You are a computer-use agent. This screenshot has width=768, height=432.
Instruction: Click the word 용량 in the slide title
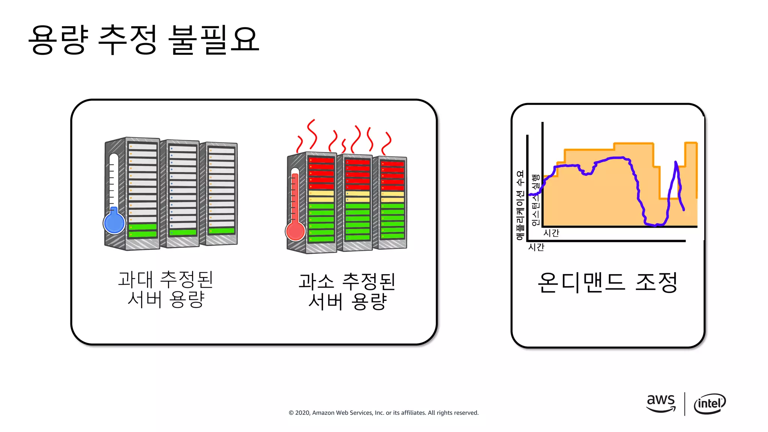tap(58, 40)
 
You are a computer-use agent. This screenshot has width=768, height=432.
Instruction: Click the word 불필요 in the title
tap(214, 40)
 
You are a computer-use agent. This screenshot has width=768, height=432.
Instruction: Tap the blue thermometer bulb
tap(114, 223)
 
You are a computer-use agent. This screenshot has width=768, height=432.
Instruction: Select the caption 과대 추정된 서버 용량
tap(166, 289)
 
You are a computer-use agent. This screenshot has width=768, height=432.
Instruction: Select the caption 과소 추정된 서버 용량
tap(347, 291)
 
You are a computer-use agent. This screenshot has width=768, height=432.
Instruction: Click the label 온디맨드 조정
tap(607, 282)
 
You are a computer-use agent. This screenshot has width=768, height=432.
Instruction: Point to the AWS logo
tap(661, 403)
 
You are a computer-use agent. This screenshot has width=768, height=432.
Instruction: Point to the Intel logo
tap(709, 403)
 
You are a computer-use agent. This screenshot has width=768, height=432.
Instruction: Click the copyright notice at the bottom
tap(383, 412)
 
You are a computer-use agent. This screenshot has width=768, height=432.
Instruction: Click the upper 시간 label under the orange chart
tap(551, 233)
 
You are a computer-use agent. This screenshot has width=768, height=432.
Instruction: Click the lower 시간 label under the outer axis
tap(536, 247)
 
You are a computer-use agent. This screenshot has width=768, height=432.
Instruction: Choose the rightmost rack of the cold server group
tap(219, 193)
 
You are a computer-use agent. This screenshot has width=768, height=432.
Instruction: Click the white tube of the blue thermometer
tap(114, 180)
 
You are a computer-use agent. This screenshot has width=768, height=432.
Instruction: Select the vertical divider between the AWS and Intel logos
tap(685, 404)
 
